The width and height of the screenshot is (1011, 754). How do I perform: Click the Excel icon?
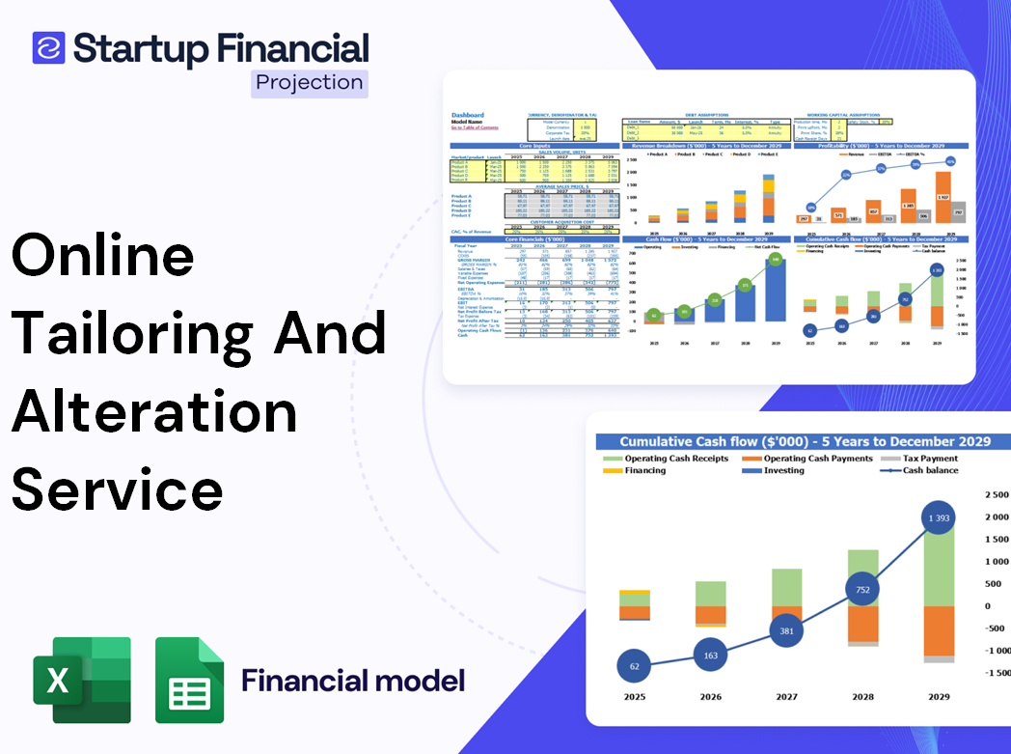(x=82, y=680)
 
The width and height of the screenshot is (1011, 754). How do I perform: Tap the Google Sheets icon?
(x=189, y=680)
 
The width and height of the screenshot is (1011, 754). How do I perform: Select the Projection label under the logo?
(x=309, y=82)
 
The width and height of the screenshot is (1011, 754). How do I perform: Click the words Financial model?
(x=352, y=680)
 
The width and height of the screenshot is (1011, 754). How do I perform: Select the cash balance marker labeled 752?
(x=863, y=590)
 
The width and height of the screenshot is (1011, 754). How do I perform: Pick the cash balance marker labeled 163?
(x=710, y=656)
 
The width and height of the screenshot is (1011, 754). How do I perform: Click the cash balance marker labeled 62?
(x=634, y=666)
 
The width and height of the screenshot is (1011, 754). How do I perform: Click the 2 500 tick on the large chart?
(x=993, y=494)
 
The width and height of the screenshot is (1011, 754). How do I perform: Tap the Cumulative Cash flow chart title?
(x=805, y=441)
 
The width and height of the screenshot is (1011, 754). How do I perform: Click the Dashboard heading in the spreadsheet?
(x=468, y=115)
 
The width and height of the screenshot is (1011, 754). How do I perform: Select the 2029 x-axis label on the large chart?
(x=938, y=697)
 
